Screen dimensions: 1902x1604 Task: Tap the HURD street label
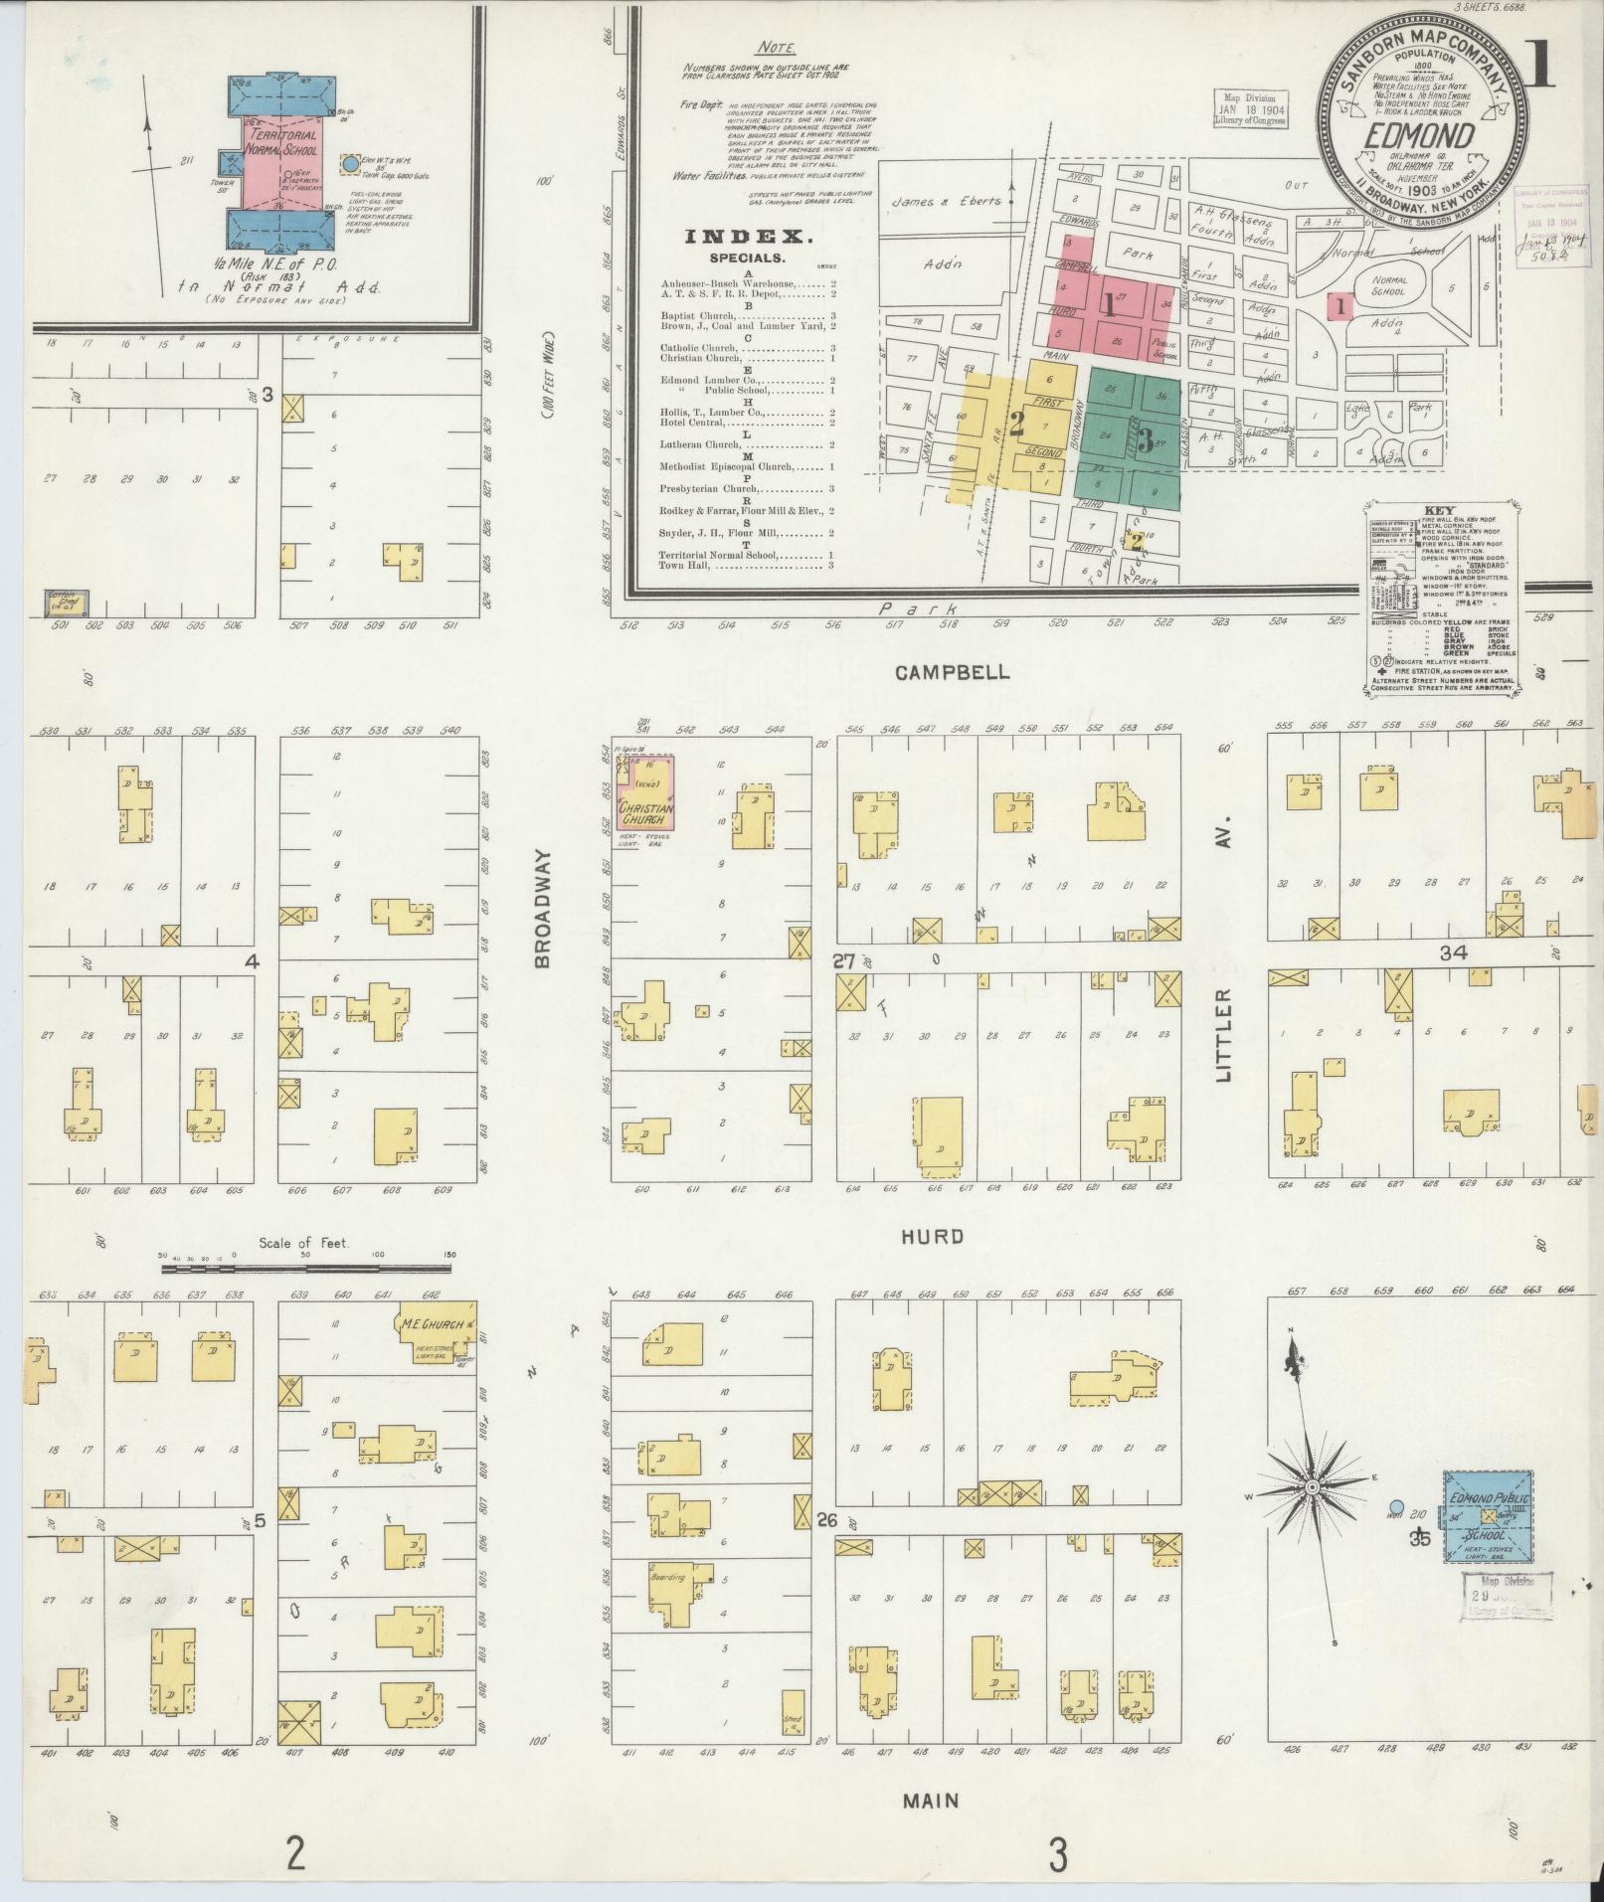tap(932, 1237)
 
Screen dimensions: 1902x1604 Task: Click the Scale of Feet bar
tap(306, 1269)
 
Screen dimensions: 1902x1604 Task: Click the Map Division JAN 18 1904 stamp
tap(1249, 107)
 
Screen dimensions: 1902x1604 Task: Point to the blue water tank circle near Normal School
tap(349, 162)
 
